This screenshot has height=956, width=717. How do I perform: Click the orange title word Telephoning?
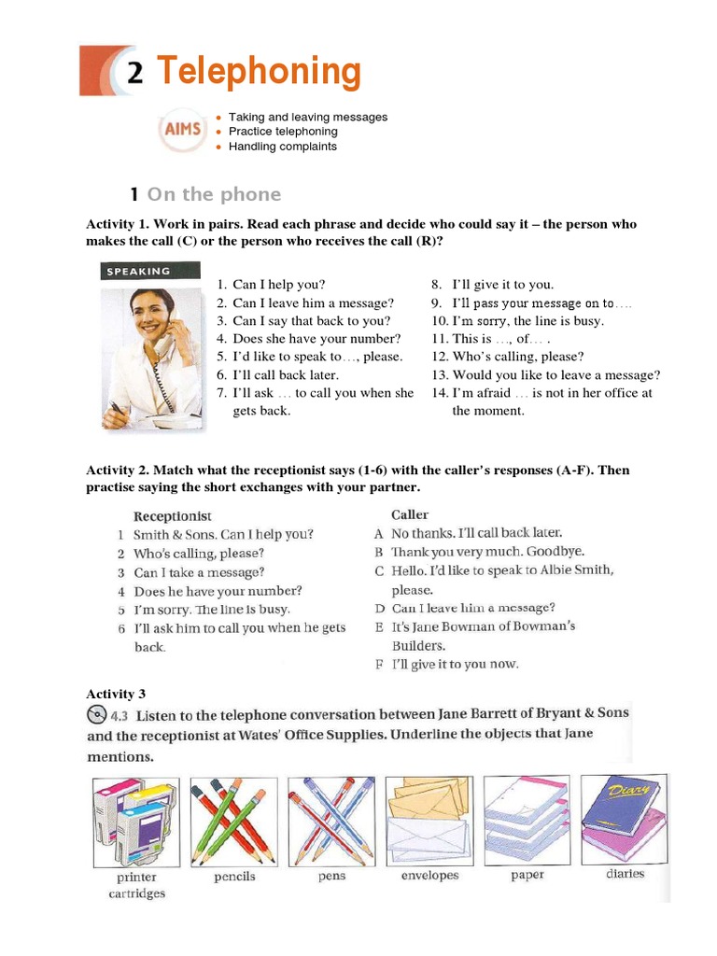(258, 72)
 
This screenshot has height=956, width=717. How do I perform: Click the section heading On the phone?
(214, 194)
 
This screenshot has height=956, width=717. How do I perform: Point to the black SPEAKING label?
(139, 271)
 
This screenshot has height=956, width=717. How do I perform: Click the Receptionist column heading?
(173, 515)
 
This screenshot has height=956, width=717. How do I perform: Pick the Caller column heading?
(410, 514)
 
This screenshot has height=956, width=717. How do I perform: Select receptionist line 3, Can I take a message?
(198, 572)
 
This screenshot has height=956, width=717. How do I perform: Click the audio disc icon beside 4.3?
(97, 715)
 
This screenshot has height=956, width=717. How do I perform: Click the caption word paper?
(527, 875)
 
